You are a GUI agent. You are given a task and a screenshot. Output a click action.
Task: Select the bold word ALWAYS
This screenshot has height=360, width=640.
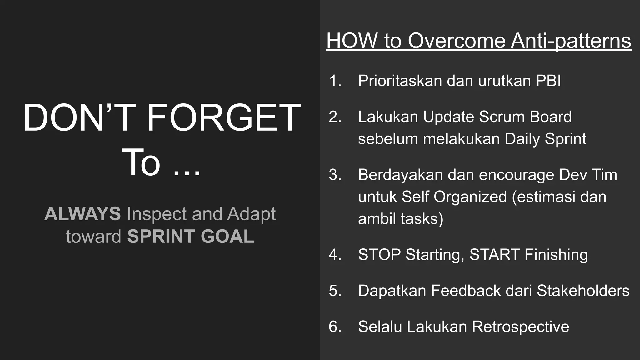(82, 214)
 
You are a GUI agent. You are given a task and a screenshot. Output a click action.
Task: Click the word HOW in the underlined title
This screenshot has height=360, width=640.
(352, 41)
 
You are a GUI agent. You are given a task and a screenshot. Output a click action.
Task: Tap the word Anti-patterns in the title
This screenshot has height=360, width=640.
(571, 41)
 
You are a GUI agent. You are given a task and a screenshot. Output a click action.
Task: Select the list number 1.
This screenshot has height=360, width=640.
(335, 81)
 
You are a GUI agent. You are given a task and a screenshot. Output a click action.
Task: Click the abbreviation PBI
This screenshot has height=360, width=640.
(548, 81)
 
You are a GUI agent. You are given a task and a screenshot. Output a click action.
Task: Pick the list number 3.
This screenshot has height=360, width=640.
(335, 175)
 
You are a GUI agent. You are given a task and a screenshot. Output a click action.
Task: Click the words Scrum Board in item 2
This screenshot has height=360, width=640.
(525, 117)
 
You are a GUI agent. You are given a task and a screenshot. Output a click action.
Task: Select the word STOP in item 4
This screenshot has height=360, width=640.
(379, 255)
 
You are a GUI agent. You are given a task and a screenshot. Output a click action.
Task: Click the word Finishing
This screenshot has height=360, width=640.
(556, 255)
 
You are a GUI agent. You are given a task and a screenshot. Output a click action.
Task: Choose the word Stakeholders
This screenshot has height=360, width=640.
(583, 291)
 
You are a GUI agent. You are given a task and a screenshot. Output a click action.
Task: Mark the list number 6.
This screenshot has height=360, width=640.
(335, 327)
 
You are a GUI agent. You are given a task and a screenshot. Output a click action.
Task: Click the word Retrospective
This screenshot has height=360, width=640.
(520, 327)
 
